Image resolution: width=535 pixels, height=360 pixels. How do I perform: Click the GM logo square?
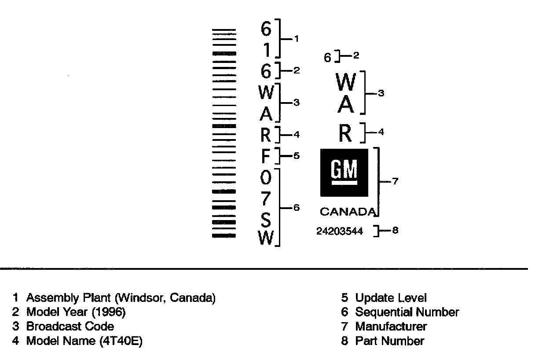tap(344, 172)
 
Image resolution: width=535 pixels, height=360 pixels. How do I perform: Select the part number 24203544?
tap(340, 231)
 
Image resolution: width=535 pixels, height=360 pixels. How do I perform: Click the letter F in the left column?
tap(266, 156)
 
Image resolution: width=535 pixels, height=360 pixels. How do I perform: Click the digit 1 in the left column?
tap(267, 51)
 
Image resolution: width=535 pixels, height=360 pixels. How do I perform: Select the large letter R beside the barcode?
tap(265, 135)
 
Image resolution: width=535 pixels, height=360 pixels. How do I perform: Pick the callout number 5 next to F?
tap(297, 155)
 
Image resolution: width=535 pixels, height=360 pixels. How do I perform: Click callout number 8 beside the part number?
tap(395, 230)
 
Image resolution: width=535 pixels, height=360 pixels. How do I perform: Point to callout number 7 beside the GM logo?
tap(395, 181)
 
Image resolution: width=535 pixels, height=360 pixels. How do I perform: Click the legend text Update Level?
tap(391, 298)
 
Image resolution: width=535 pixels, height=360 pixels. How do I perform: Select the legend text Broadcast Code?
tap(70, 327)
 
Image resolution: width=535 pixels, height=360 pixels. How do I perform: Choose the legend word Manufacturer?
tap(391, 327)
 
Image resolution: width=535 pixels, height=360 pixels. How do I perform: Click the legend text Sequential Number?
tap(407, 312)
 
